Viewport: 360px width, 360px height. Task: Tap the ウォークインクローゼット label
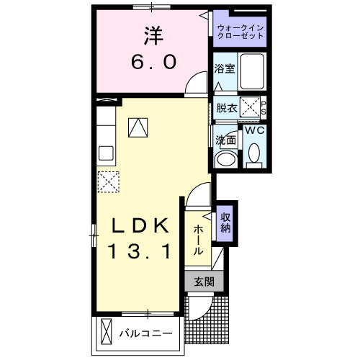(x=241, y=31)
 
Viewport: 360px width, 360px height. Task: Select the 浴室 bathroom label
(x=224, y=70)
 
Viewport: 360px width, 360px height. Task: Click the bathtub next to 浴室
(x=253, y=71)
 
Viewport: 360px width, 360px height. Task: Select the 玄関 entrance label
(x=203, y=282)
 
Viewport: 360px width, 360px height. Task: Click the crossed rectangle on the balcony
(x=107, y=333)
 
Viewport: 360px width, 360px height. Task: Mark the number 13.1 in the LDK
(x=140, y=252)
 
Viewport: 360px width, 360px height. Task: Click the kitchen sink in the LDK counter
(x=105, y=153)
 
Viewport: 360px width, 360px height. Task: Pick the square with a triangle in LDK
(x=137, y=127)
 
